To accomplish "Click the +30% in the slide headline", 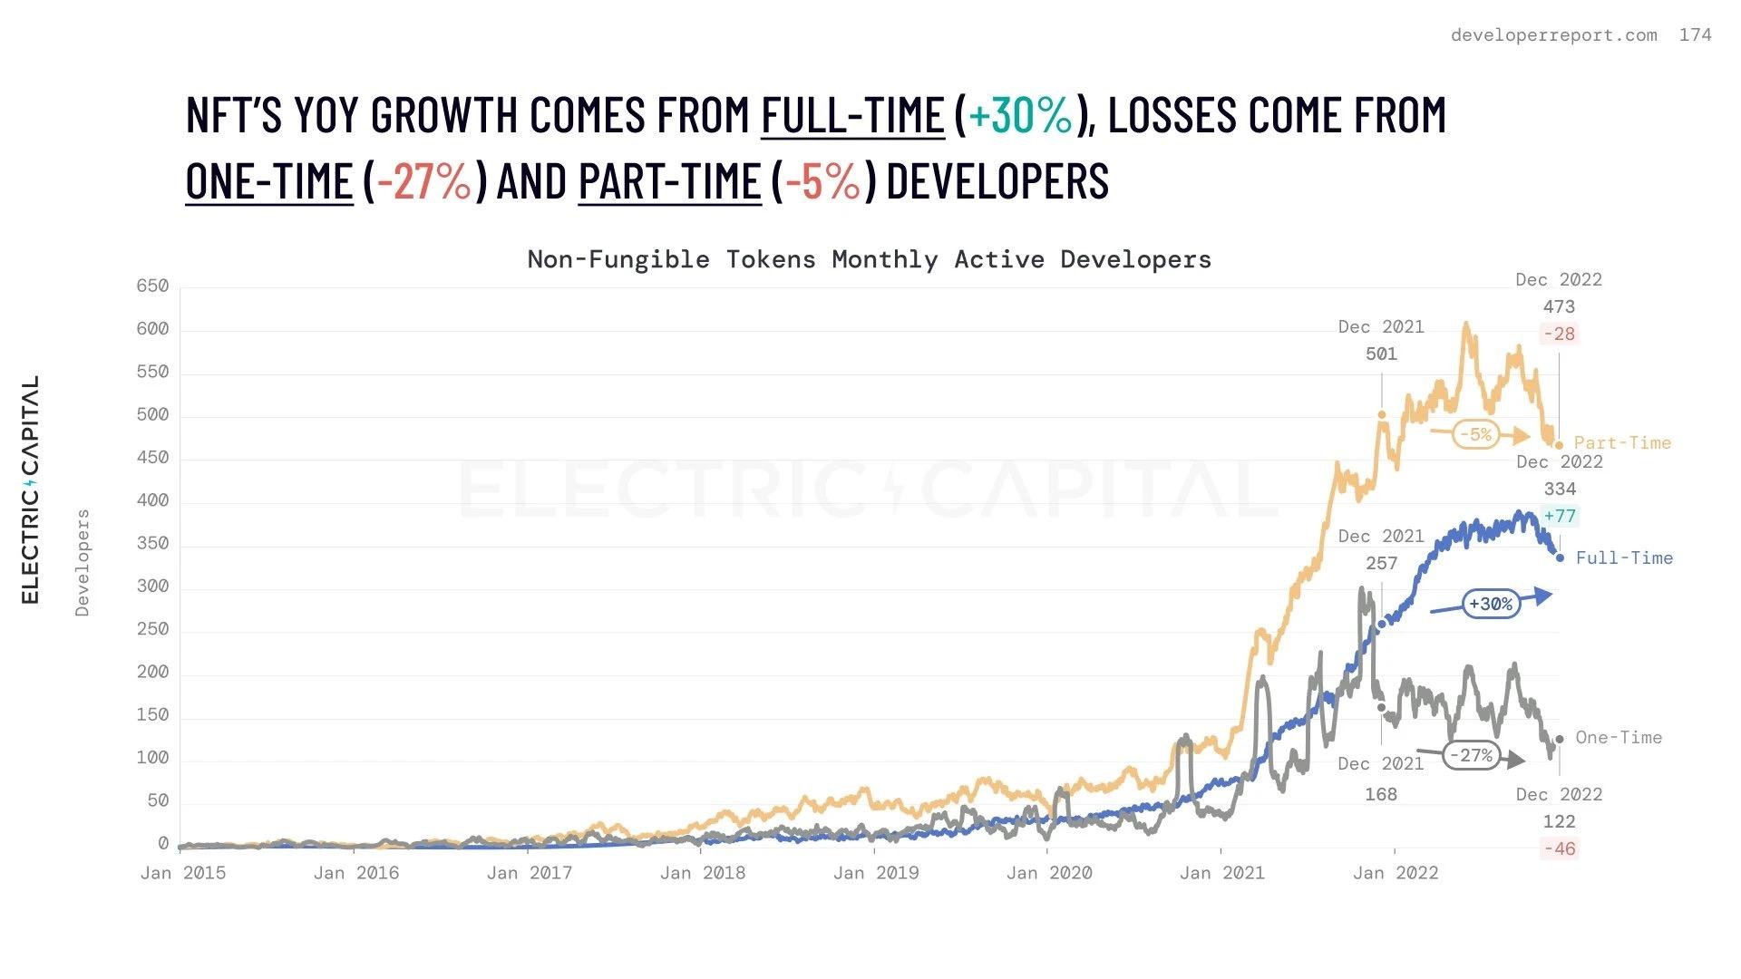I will (x=1021, y=115).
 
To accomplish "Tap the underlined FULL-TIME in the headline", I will (x=852, y=115).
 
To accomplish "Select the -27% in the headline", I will (x=424, y=180).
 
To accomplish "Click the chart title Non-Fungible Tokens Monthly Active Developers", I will (x=869, y=259).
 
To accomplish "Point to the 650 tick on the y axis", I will (x=152, y=286).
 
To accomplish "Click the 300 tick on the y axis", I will (x=152, y=586).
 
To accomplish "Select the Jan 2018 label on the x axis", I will (x=702, y=873).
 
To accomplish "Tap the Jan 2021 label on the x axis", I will (x=1221, y=873).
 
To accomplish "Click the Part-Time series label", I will (x=1622, y=443).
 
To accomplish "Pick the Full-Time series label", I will (x=1624, y=558).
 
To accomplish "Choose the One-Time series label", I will (x=1619, y=738).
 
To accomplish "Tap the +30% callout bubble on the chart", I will (x=1491, y=604).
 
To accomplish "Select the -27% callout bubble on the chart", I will (x=1471, y=755).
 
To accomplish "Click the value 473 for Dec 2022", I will (x=1559, y=307).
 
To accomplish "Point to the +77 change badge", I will (x=1560, y=517).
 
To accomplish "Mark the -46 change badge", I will (x=1560, y=849).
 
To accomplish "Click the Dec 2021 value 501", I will (x=1381, y=354).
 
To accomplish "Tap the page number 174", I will (x=1695, y=35).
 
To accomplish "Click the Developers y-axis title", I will (x=83, y=563).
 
